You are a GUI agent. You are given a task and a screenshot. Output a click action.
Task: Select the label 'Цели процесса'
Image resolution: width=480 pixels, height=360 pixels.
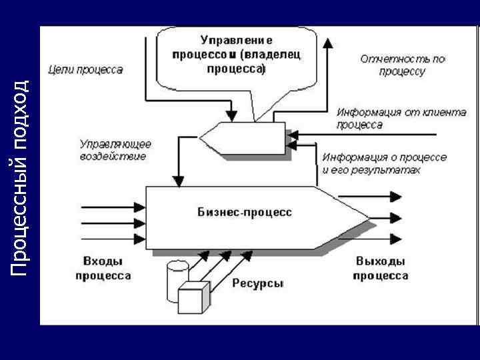click(x=85, y=70)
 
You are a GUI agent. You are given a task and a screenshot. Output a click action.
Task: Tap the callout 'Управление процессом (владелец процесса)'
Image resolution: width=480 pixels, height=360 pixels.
click(x=236, y=54)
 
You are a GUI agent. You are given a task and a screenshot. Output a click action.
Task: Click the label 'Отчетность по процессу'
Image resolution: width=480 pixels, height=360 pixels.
click(x=402, y=65)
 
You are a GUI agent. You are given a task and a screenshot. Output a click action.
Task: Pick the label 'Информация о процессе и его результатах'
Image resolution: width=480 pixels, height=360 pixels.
click(x=384, y=163)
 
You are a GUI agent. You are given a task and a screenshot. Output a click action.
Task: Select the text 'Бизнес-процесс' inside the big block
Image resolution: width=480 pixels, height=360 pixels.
click(x=245, y=212)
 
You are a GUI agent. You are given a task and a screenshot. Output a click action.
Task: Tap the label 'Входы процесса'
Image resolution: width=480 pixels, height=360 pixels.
click(x=103, y=268)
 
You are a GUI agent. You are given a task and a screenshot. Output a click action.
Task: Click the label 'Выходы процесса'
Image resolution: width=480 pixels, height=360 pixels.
click(x=381, y=268)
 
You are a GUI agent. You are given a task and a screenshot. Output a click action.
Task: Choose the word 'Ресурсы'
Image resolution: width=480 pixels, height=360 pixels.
click(x=258, y=283)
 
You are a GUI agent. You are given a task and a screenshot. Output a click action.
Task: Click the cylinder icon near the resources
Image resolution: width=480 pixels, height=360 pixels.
click(x=177, y=273)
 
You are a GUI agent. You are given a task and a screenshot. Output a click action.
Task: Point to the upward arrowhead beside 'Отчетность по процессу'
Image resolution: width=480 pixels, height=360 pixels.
click(x=327, y=43)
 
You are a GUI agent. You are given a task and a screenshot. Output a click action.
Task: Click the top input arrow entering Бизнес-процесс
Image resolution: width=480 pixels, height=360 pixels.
click(x=113, y=207)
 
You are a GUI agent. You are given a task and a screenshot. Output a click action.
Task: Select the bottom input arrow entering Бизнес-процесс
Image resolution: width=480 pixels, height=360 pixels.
click(x=113, y=239)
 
